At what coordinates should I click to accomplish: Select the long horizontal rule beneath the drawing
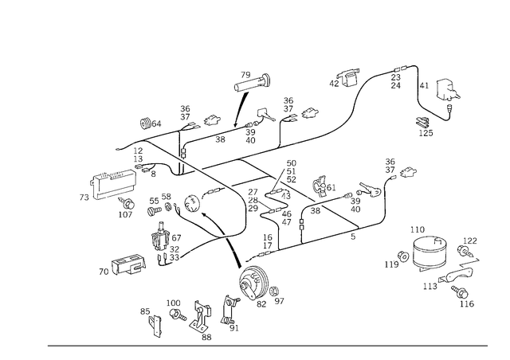tap(267, 345)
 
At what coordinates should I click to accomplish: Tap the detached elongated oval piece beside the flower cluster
tap(127, 263)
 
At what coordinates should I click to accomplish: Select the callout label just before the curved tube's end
tap(349, 76)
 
